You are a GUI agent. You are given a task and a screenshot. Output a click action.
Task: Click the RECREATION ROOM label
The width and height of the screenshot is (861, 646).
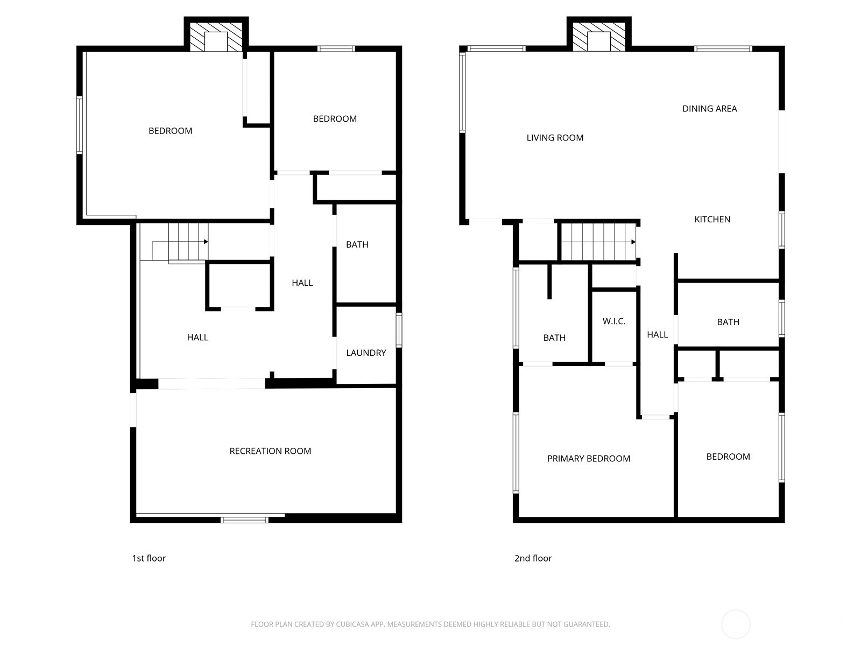(x=270, y=451)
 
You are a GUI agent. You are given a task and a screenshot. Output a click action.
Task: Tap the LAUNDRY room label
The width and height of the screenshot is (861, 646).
(x=366, y=353)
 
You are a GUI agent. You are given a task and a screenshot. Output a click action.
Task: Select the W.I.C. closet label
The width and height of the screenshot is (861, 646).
(x=614, y=321)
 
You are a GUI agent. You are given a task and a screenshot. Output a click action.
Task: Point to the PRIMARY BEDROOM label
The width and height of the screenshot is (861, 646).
(x=588, y=459)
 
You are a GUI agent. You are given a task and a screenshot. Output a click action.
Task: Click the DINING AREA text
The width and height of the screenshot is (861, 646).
(x=709, y=109)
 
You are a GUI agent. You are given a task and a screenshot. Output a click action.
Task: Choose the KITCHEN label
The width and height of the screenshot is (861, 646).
(x=712, y=219)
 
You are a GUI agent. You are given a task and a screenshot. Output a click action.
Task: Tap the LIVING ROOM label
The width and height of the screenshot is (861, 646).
(x=555, y=138)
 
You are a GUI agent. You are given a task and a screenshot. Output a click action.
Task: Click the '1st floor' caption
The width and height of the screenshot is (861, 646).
(x=149, y=558)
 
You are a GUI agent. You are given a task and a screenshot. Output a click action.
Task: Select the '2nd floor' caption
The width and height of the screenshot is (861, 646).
(x=533, y=558)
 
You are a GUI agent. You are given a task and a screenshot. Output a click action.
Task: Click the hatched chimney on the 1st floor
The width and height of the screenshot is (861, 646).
(x=216, y=37)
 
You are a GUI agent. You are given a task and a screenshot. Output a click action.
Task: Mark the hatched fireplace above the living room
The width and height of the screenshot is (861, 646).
(x=598, y=37)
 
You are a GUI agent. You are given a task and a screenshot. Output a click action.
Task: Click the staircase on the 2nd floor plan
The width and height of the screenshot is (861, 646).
(x=597, y=242)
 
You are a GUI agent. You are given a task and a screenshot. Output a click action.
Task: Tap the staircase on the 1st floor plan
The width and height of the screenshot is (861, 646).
(x=187, y=242)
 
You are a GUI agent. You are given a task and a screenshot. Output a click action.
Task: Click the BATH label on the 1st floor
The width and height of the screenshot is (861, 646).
(x=357, y=244)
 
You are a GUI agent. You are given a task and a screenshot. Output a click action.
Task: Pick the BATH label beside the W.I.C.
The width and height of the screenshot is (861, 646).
(x=554, y=338)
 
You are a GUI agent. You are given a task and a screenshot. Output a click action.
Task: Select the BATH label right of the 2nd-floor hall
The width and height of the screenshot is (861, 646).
(x=728, y=322)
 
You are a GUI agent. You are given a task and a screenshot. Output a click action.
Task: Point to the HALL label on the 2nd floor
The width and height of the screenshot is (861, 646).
(x=657, y=335)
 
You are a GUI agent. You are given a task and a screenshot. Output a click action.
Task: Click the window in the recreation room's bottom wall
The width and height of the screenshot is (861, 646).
(x=244, y=519)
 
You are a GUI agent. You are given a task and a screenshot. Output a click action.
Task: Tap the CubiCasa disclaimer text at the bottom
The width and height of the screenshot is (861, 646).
(x=430, y=624)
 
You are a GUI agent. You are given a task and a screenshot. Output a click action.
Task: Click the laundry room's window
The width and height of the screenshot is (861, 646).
(x=399, y=329)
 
